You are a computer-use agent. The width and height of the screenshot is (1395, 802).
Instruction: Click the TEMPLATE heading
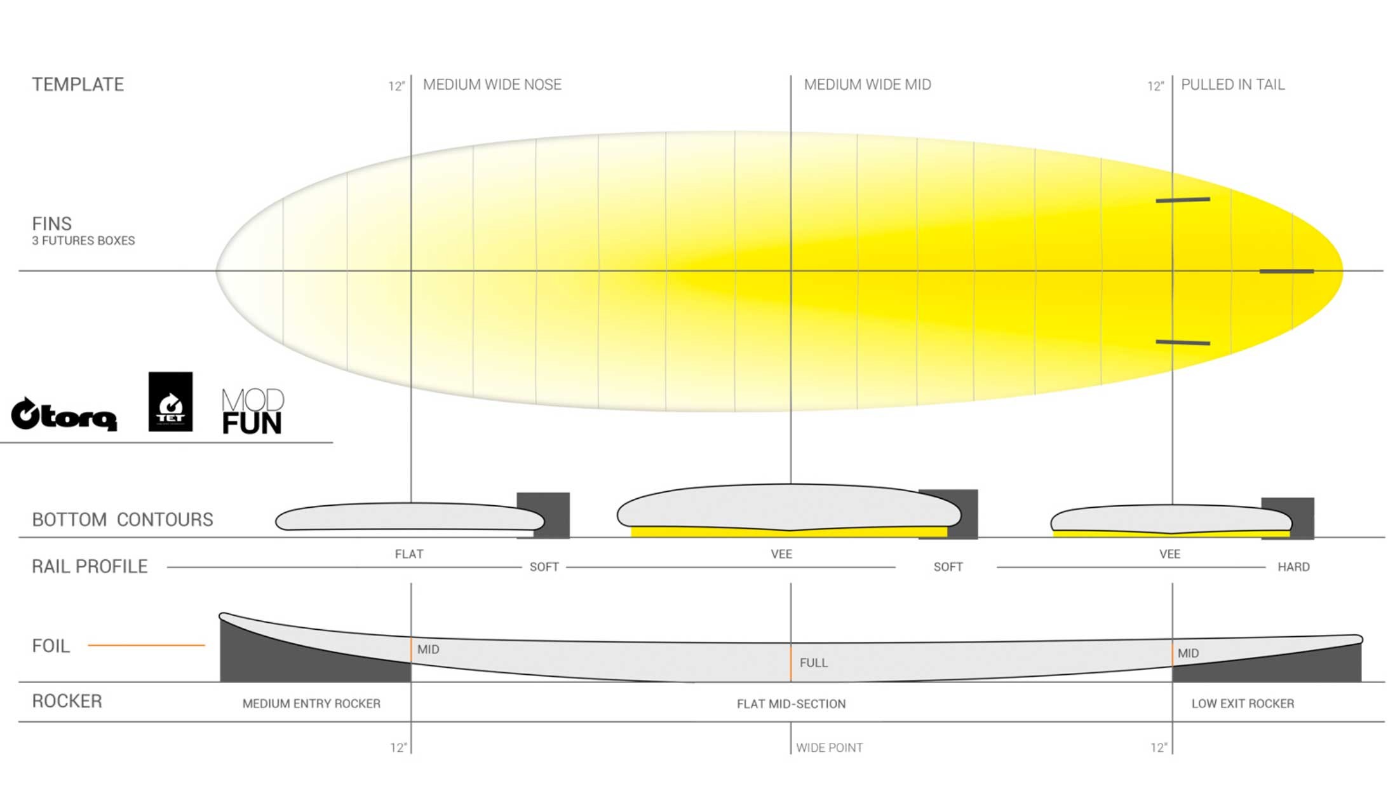point(77,85)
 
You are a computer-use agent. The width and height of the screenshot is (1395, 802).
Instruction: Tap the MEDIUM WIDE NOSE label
point(492,85)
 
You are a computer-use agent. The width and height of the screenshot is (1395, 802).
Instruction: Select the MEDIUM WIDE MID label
point(867,85)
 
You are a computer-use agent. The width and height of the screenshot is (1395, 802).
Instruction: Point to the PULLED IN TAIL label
point(1232,85)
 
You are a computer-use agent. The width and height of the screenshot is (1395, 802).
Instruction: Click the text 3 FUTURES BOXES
point(83,241)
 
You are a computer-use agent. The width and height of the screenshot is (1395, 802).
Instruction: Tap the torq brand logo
point(64,414)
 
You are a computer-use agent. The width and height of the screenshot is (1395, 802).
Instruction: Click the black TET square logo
point(170,402)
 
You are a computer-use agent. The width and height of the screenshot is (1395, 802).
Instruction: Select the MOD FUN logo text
point(252,412)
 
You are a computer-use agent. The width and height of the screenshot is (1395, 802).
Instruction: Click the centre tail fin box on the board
point(1286,271)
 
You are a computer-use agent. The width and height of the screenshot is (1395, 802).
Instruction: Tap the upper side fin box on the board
point(1182,200)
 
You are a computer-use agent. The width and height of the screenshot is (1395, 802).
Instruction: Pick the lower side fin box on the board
point(1182,343)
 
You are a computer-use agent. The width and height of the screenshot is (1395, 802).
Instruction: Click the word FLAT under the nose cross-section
point(409,554)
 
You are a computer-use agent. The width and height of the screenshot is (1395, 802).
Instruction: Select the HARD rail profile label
point(1293,567)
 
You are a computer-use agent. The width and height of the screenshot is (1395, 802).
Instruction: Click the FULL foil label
point(813,663)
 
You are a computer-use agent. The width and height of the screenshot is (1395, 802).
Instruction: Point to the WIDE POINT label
point(829,748)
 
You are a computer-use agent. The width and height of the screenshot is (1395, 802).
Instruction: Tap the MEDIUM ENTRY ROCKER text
point(311,703)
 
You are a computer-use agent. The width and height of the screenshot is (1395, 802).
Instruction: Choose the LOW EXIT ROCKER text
point(1243,703)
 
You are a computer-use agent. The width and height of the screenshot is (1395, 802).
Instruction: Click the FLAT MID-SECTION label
point(791,704)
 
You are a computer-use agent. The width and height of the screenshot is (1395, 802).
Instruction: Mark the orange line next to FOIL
point(146,645)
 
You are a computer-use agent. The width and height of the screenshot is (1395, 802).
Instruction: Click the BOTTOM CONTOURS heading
point(123,520)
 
